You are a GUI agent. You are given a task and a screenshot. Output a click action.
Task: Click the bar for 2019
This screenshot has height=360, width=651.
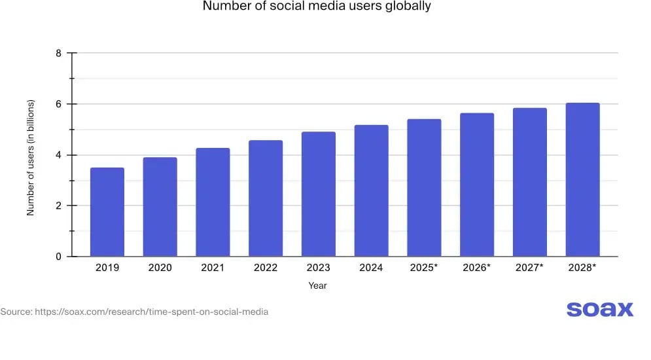(107, 212)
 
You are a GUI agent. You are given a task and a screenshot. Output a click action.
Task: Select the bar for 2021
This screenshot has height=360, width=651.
(213, 202)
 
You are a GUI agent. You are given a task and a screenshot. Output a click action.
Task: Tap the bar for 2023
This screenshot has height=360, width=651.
(319, 194)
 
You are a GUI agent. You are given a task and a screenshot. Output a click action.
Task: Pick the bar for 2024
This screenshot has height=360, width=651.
(371, 190)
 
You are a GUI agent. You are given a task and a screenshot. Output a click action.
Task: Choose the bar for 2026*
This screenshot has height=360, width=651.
(477, 185)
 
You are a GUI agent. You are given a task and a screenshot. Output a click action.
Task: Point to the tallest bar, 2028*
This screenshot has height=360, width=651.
(582, 179)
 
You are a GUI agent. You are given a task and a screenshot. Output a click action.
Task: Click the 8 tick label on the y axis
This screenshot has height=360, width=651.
(59, 53)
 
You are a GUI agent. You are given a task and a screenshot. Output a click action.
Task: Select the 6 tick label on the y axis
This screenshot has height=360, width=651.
(59, 104)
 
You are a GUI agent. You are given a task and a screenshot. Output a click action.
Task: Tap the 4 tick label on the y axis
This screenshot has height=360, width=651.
(59, 155)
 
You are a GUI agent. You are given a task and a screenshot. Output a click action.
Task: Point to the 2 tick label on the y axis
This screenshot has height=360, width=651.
(59, 206)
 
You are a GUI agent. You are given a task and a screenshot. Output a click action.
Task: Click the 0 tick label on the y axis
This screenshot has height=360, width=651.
(59, 257)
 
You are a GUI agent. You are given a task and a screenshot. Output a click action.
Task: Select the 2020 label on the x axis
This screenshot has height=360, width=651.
(160, 268)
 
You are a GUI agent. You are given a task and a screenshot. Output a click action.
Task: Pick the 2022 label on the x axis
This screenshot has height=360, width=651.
(266, 268)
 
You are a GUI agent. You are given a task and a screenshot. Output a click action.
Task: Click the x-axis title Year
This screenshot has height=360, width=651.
(317, 285)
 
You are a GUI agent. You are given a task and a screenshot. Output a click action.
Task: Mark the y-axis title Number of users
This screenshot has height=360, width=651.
(30, 158)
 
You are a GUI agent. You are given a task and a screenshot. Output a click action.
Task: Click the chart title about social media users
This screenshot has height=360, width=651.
(317, 7)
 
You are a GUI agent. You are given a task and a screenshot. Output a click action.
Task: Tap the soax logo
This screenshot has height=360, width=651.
(599, 309)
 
